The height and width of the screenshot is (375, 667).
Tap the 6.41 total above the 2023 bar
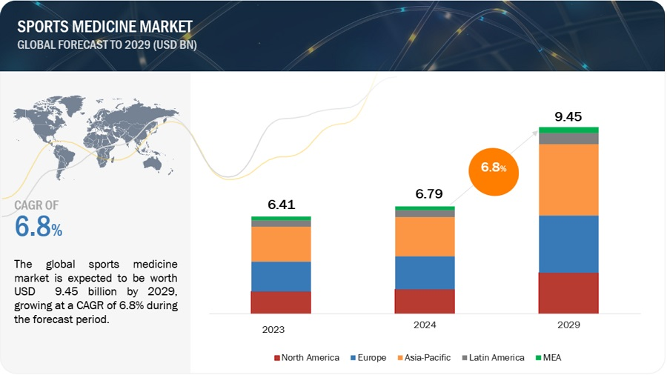(281, 205)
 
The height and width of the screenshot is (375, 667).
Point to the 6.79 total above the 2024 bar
(425, 194)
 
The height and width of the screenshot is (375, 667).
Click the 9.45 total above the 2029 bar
(568, 116)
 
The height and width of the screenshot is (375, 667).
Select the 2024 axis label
(425, 325)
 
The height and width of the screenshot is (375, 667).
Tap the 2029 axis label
(568, 325)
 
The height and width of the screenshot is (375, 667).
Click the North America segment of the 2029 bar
(568, 293)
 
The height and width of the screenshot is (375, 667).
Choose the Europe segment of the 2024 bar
(425, 273)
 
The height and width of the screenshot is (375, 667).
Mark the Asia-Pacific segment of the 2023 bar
(281, 244)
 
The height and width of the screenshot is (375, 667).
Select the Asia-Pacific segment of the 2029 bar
(568, 179)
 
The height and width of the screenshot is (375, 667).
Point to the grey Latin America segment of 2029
(568, 139)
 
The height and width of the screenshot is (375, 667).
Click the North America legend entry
(307, 358)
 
